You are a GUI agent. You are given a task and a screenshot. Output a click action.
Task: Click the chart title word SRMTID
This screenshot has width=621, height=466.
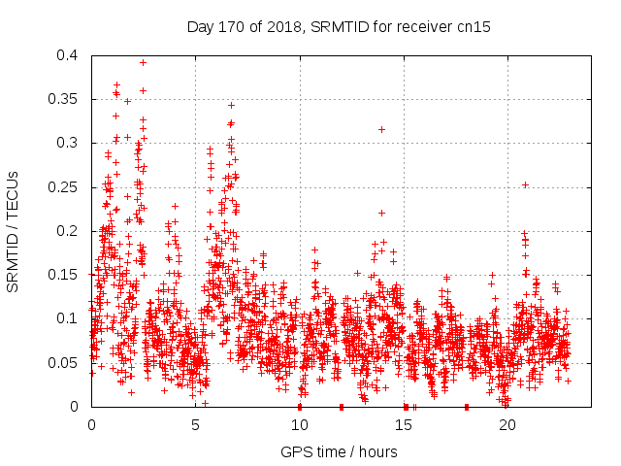336,27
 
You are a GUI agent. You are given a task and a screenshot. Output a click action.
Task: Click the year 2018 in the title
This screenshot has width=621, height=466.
282,27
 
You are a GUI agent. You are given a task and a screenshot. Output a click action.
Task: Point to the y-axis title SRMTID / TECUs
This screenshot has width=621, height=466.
14,231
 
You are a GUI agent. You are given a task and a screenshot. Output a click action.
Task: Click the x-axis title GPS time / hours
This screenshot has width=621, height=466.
339,451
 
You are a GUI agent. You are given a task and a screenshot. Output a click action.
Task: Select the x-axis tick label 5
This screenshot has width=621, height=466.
196,425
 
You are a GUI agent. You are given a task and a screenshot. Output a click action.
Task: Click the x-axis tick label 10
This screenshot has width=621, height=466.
300,425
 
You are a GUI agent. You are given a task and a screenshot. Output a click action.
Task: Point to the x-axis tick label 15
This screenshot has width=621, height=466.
404,425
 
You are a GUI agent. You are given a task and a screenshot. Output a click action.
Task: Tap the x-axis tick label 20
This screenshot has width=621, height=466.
507,425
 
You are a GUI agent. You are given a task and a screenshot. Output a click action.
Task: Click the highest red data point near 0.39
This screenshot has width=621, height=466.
143,62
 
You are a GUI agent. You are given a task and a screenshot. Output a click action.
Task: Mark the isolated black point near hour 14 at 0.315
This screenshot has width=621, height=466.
381,129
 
